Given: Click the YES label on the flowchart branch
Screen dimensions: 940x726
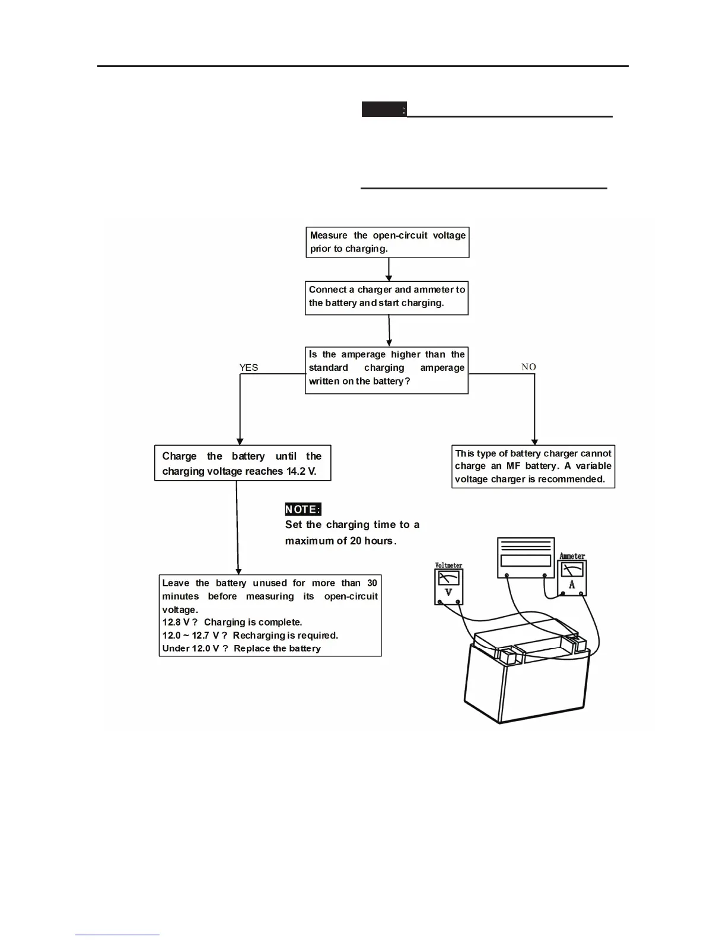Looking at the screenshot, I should point(249,368).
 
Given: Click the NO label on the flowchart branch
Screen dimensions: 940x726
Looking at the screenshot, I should point(528,367).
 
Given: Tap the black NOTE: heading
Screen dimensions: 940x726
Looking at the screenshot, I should point(303,509).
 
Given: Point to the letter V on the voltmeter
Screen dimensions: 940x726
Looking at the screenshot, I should point(448,592).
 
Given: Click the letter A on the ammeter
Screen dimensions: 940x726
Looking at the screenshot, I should point(572,585).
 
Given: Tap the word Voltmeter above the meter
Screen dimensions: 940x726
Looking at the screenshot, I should point(448,566).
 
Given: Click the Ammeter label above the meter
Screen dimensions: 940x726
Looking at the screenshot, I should point(572,556).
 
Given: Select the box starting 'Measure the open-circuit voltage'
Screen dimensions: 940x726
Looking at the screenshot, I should point(387,242).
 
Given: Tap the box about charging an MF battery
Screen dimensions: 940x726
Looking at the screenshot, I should point(533,466).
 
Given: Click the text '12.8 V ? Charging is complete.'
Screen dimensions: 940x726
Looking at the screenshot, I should point(233,623).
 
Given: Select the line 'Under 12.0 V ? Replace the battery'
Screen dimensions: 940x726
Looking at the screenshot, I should point(241,649).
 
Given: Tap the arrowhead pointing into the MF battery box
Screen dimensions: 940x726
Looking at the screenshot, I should point(534,441).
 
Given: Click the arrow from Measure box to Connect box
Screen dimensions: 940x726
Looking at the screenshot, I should point(389,269).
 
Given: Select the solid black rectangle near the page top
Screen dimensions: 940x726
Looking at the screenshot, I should point(384,109).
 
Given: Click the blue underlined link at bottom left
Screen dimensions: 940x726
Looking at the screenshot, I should point(117,935).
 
